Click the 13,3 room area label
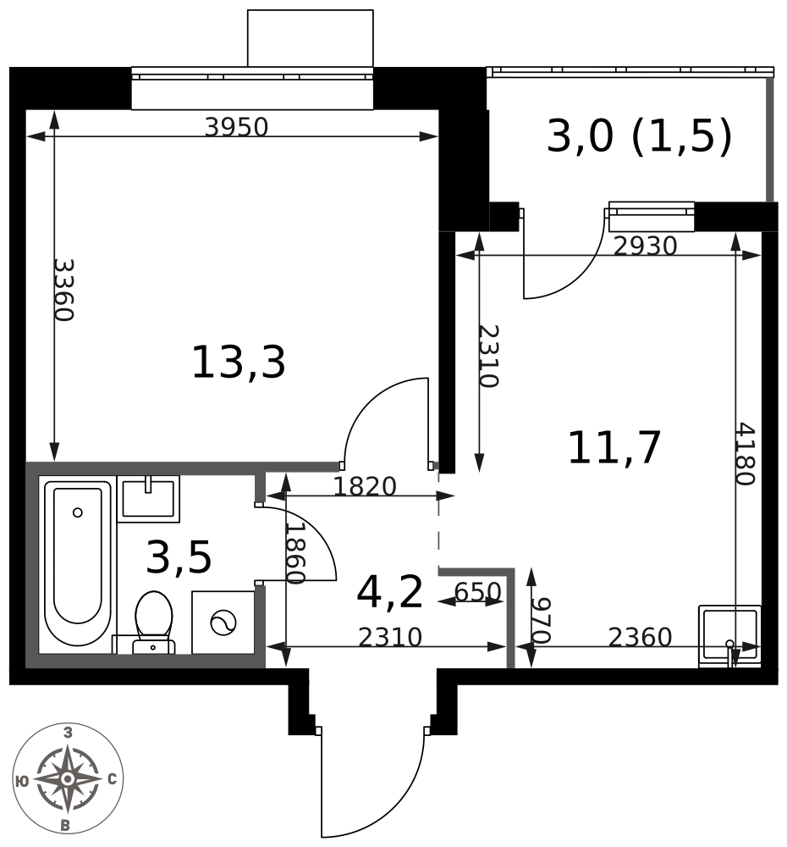[238, 363]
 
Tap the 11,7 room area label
[614, 448]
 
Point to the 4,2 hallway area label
[390, 593]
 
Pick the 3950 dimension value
[236, 128]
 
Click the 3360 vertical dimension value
[63, 290]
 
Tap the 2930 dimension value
[645, 246]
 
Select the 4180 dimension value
[746, 454]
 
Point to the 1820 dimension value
[365, 487]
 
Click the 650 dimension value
[478, 592]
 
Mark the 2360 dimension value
[641, 638]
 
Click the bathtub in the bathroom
[78, 563]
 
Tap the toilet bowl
[154, 621]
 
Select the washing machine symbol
[223, 623]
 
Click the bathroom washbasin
[148, 499]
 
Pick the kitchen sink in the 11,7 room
[729, 636]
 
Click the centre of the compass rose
[68, 779]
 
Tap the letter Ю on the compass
[23, 781]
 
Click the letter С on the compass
[113, 779]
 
